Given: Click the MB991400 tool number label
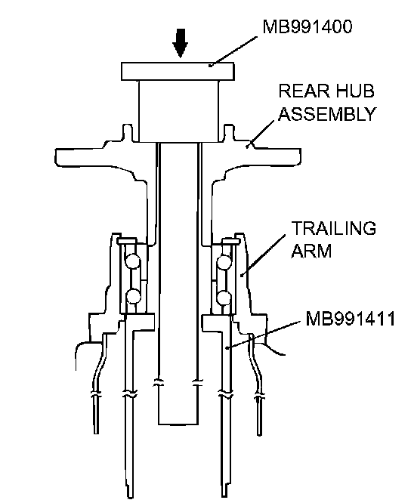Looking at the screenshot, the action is tap(307, 26).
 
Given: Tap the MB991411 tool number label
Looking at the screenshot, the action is tap(350, 319).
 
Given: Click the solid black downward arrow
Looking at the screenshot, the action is tap(181, 43).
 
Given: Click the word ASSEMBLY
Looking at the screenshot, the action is tap(327, 114).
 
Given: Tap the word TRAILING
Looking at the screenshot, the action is tap(333, 228).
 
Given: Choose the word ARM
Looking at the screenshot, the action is tap(311, 251).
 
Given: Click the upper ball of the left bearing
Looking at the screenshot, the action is tap(132, 261).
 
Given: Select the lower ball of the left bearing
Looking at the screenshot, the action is tap(133, 296).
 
